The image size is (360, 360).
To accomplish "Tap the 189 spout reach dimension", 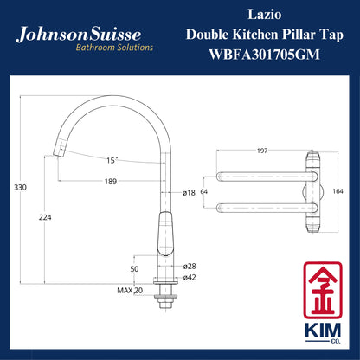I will (110, 181).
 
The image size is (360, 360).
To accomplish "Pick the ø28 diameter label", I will (190, 267).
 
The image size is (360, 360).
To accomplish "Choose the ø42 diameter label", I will (190, 279).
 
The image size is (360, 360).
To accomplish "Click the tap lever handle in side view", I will (163, 235).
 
